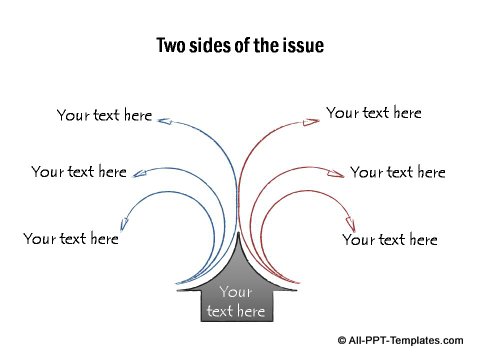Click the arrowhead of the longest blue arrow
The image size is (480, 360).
[x=166, y=122]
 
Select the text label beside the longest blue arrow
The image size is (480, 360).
[x=104, y=115]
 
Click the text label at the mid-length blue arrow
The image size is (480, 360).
[x=78, y=172]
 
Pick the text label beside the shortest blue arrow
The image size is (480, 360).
[x=70, y=239]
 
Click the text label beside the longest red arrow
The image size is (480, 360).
[x=374, y=113]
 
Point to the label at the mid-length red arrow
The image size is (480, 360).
[x=398, y=172]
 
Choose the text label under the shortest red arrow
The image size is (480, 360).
[x=390, y=240]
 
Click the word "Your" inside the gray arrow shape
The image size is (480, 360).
[x=235, y=292]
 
